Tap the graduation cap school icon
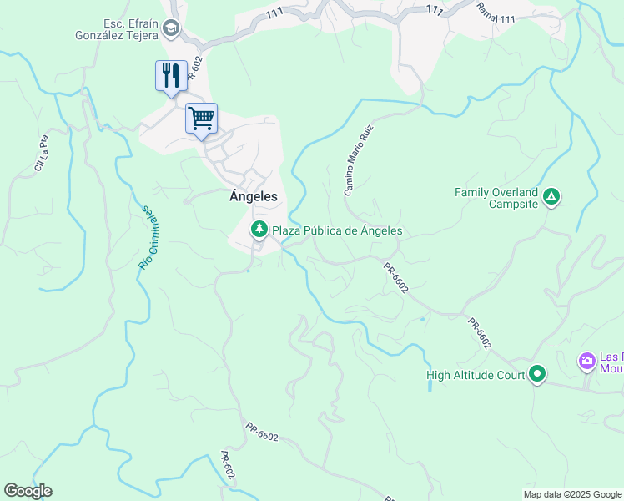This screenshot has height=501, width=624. click(171, 29)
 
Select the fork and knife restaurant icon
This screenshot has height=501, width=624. click(171, 75)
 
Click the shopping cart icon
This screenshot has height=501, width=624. click(201, 118)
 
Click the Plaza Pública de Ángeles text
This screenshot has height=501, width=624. click(337, 230)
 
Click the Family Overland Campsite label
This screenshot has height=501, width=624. click(496, 198)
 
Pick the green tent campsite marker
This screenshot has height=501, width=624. click(551, 197)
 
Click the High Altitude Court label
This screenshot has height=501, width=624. click(476, 375)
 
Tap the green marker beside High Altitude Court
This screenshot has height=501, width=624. click(538, 375)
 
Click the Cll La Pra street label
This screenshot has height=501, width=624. click(42, 154)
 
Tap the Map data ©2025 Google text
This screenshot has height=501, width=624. click(572, 494)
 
